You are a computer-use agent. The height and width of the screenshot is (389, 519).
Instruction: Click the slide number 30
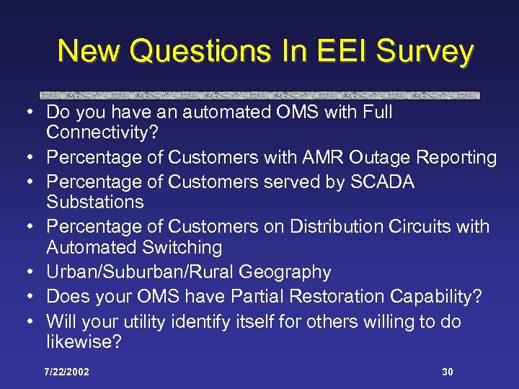coord(448,372)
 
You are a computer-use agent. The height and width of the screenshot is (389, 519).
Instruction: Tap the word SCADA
coord(383,182)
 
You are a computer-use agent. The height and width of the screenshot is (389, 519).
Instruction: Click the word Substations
coord(94,202)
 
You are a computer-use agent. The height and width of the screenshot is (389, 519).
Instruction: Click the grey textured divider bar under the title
coord(259,95)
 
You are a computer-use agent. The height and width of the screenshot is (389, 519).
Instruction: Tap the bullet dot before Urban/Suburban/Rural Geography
coord(25,272)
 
